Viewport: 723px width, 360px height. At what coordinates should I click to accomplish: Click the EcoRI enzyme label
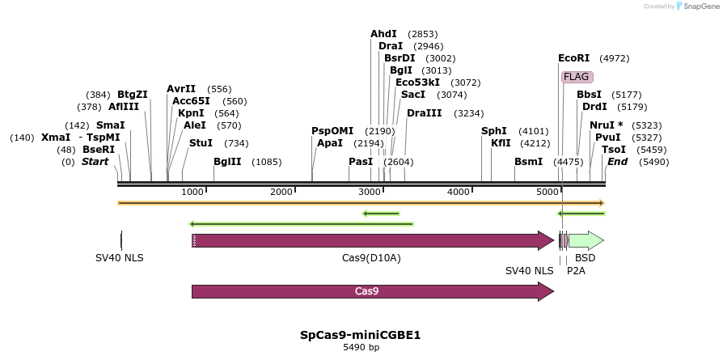[x=573, y=58]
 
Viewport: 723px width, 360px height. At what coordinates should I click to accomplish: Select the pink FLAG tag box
[x=577, y=77]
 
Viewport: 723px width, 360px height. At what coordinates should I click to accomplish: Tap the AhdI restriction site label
[x=383, y=34]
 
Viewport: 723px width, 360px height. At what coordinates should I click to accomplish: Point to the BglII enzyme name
[x=227, y=162]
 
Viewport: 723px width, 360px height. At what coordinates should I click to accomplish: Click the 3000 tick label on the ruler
[x=369, y=192]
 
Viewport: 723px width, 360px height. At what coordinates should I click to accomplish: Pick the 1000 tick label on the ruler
[x=192, y=192]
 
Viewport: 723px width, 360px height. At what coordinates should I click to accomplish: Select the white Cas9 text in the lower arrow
[x=367, y=291]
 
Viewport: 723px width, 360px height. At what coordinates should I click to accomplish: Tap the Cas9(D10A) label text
[x=371, y=258]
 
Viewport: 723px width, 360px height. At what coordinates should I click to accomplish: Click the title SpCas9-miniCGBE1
[x=360, y=335]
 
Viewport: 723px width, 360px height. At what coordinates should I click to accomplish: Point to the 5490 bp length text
[x=360, y=348]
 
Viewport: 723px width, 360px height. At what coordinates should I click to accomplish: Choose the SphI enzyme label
[x=493, y=131]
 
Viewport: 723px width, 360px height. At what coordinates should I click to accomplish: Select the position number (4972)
[x=614, y=58]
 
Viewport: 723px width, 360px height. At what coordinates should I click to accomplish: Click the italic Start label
[x=95, y=162]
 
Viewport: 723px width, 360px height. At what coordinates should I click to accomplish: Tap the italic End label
[x=617, y=162]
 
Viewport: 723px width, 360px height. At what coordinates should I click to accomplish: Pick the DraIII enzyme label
[x=424, y=113]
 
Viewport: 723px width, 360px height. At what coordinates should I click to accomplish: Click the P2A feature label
[x=576, y=271]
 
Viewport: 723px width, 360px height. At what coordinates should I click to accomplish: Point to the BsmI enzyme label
[x=528, y=162]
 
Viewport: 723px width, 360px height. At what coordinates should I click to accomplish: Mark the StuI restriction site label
[x=201, y=143]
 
